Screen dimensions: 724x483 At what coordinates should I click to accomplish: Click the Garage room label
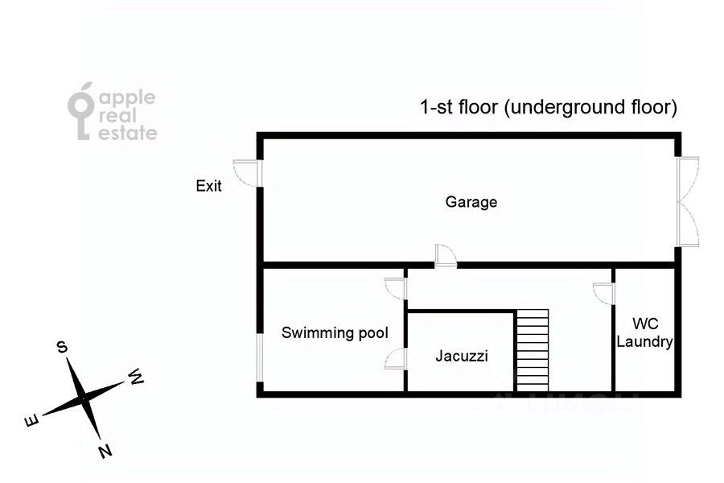pyautogui.click(x=471, y=202)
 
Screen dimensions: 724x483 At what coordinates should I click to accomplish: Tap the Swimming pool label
pyautogui.click(x=335, y=332)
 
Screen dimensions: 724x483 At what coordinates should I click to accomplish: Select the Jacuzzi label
pyautogui.click(x=462, y=355)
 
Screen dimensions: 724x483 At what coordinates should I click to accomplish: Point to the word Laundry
pyautogui.click(x=644, y=341)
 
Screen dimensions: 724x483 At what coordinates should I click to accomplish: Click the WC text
pyautogui.click(x=644, y=324)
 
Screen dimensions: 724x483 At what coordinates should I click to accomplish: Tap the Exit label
pyautogui.click(x=209, y=186)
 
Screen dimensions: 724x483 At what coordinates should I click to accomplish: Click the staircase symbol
pyautogui.click(x=532, y=349)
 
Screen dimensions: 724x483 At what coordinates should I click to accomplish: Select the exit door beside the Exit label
pyautogui.click(x=246, y=172)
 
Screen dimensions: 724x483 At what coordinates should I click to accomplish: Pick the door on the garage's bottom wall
pyautogui.click(x=445, y=255)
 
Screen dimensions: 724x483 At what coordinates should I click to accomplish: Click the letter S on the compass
pyautogui.click(x=61, y=347)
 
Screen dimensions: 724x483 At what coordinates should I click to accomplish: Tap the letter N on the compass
pyautogui.click(x=105, y=451)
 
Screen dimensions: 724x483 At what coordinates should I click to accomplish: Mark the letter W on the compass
pyautogui.click(x=136, y=376)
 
